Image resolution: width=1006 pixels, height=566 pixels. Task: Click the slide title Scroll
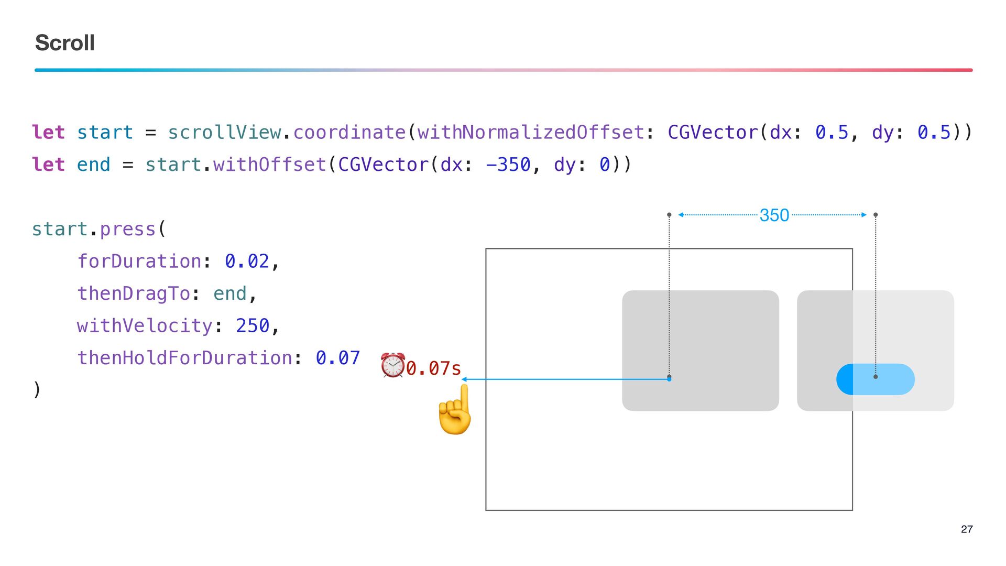pos(65,43)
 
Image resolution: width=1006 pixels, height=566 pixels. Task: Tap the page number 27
pos(967,529)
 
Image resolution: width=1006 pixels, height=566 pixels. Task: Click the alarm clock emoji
pos(393,365)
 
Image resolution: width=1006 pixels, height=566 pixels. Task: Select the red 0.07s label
pos(434,368)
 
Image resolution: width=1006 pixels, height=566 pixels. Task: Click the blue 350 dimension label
pos(774,215)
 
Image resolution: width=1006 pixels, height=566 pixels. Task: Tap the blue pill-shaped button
pos(876,379)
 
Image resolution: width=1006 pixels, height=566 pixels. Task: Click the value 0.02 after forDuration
pos(247,261)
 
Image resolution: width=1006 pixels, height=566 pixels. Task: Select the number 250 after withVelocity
pos(253,325)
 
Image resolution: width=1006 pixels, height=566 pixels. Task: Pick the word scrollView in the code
pos(224,132)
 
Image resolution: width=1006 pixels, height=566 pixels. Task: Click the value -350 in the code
pos(508,165)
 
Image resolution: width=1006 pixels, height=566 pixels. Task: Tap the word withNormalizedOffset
pos(530,132)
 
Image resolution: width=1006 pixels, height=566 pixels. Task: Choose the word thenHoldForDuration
pos(184,358)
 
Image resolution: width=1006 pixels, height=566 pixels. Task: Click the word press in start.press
pos(128,229)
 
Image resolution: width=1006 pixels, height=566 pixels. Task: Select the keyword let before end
pos(48,165)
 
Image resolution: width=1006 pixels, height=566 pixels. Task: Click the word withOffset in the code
pos(269,165)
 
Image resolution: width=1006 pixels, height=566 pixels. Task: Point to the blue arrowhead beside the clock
pos(464,379)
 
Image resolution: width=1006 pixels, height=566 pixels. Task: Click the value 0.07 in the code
pos(337,358)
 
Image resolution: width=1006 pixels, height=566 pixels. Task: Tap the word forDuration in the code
pos(139,261)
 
